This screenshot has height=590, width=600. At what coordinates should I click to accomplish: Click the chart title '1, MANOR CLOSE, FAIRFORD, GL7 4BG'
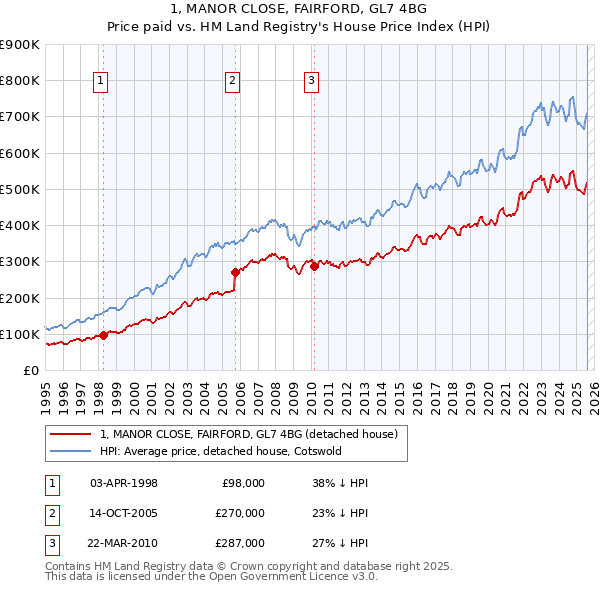(299, 11)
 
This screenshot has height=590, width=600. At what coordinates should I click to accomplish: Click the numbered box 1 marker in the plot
(102, 82)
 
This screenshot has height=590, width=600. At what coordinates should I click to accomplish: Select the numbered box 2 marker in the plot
(232, 82)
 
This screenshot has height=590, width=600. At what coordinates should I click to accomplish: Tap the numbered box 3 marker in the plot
(311, 82)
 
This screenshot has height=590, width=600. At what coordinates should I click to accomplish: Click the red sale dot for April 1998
(103, 335)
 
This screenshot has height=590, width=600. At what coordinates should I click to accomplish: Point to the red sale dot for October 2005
(236, 272)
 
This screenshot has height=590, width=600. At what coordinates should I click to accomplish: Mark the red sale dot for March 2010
(314, 266)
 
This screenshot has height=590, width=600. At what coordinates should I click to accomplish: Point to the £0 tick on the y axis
(30, 370)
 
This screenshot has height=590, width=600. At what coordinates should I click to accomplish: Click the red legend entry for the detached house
(249, 434)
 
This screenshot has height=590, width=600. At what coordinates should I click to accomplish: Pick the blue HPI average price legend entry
(221, 451)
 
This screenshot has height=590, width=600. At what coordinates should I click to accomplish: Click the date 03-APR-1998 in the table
(124, 483)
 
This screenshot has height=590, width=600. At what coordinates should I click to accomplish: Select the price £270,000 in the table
(240, 513)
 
